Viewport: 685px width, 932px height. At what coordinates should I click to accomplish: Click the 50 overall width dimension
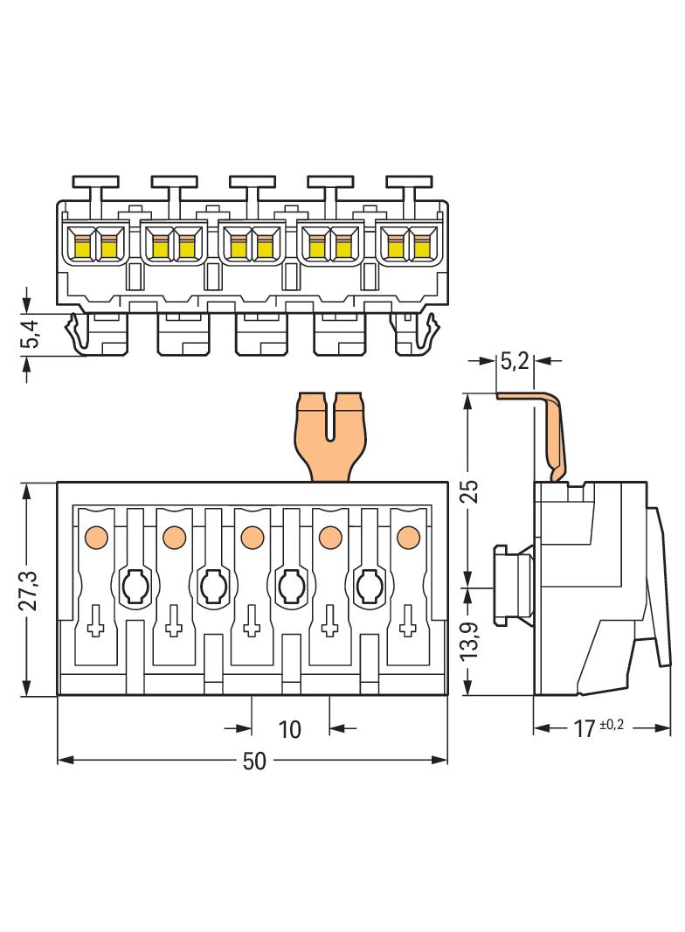click(x=254, y=762)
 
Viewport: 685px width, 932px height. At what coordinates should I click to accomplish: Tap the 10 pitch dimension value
click(x=289, y=729)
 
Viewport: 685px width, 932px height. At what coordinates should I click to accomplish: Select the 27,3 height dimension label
click(x=28, y=590)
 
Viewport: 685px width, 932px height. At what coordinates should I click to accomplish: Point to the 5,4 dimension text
click(x=31, y=333)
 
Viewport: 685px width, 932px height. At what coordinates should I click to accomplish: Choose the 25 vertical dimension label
click(x=469, y=491)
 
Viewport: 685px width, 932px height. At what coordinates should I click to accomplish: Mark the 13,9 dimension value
click(x=469, y=639)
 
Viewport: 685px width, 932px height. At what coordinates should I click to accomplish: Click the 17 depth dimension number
click(x=584, y=728)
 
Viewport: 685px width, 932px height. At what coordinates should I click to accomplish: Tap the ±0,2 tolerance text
click(x=612, y=725)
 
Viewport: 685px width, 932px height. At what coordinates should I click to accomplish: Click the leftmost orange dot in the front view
click(x=96, y=538)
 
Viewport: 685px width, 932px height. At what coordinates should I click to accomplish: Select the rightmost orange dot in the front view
click(x=408, y=538)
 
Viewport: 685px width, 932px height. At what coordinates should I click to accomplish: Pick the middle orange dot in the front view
click(x=253, y=538)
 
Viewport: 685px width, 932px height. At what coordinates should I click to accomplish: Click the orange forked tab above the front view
click(x=330, y=437)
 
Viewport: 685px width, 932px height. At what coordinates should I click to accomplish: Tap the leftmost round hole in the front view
click(x=135, y=587)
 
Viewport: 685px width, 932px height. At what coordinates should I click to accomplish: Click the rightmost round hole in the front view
click(x=370, y=587)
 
